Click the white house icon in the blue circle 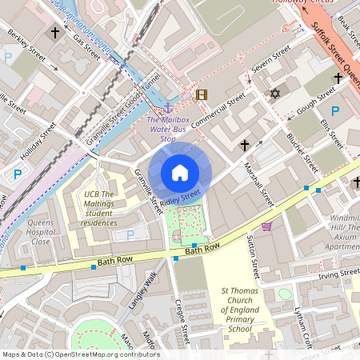(180, 172)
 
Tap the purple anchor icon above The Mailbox (168, 106)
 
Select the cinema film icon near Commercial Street (202, 94)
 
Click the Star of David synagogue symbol (277, 94)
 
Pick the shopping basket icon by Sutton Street (266, 226)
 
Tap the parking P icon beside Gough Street (335, 111)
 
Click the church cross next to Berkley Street (55, 33)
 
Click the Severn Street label (270, 62)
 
